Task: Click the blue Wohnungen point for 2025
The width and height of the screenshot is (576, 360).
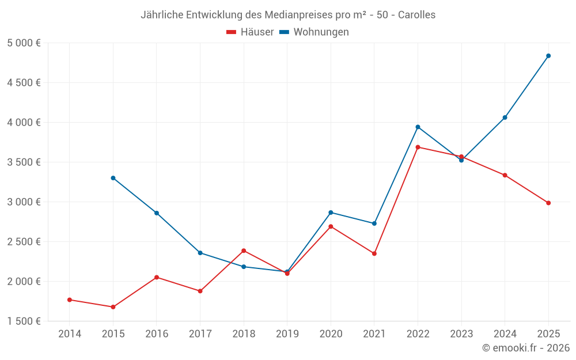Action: (548, 56)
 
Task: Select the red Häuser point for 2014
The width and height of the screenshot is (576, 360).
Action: (70, 300)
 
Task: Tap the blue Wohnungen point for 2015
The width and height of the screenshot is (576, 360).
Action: (113, 178)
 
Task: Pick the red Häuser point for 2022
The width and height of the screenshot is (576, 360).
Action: (418, 147)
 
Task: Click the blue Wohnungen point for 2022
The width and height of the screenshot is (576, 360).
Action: (418, 127)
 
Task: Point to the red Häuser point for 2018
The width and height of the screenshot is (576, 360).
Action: (244, 251)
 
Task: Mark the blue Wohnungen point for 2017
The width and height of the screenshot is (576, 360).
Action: (200, 253)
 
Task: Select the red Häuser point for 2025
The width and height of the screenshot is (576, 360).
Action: (548, 203)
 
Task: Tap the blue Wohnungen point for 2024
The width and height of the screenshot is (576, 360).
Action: (505, 118)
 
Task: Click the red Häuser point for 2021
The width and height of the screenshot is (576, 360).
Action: (374, 253)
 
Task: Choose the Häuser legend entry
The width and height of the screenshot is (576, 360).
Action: (250, 32)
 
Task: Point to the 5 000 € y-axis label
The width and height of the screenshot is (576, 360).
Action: (24, 43)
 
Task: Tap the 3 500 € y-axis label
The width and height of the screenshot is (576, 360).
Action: (24, 162)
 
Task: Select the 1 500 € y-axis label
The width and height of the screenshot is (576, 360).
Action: (24, 321)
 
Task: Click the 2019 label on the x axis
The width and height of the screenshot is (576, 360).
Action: (287, 334)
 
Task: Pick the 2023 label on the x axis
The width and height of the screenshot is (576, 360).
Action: (461, 334)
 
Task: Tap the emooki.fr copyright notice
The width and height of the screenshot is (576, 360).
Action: (525, 348)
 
